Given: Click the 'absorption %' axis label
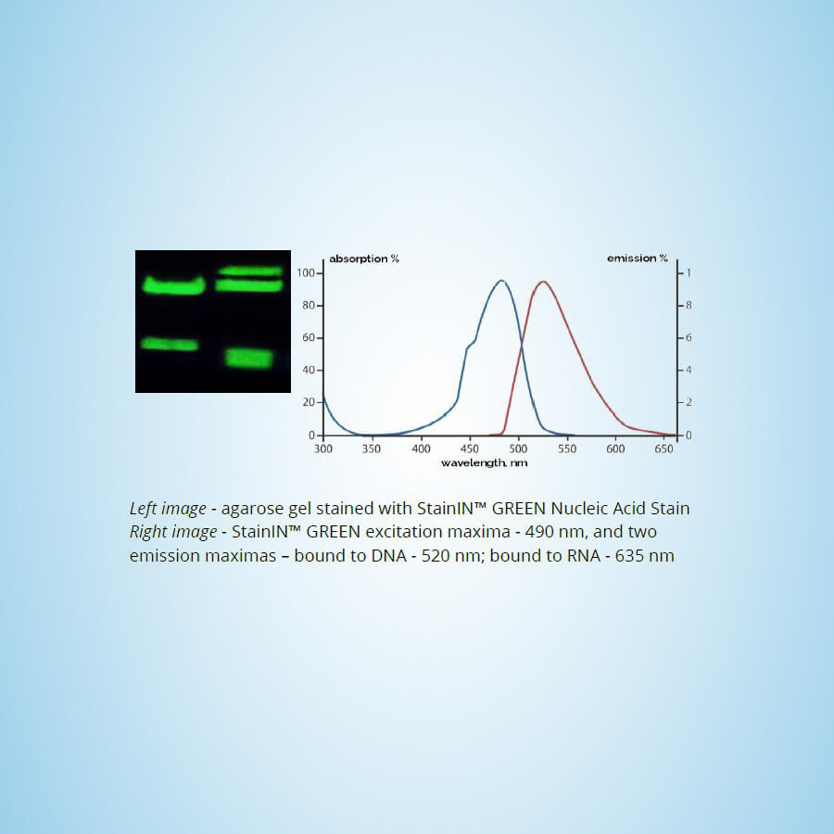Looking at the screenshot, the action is point(364,259).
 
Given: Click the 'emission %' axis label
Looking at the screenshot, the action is point(638,259).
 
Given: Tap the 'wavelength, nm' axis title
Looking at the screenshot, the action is point(484,462).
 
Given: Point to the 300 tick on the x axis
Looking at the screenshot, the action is point(322,449).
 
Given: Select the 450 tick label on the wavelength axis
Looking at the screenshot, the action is point(469,449).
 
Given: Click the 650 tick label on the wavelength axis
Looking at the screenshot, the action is point(663,449).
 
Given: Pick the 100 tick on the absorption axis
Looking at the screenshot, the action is point(306,273).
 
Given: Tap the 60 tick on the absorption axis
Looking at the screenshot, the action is point(309,337).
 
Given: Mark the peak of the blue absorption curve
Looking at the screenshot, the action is point(501,280).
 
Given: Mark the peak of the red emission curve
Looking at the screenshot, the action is point(543,282).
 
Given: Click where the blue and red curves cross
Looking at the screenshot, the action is point(521,347).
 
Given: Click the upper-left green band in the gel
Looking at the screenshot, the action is point(174,285).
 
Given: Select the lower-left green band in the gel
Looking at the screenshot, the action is point(170,344).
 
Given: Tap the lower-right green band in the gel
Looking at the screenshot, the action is point(249,358).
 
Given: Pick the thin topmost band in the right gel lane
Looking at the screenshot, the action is point(250,272).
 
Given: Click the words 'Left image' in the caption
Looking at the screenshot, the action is point(168,509).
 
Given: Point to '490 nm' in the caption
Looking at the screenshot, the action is point(555,532).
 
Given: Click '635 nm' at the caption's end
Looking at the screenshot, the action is point(645,556).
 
